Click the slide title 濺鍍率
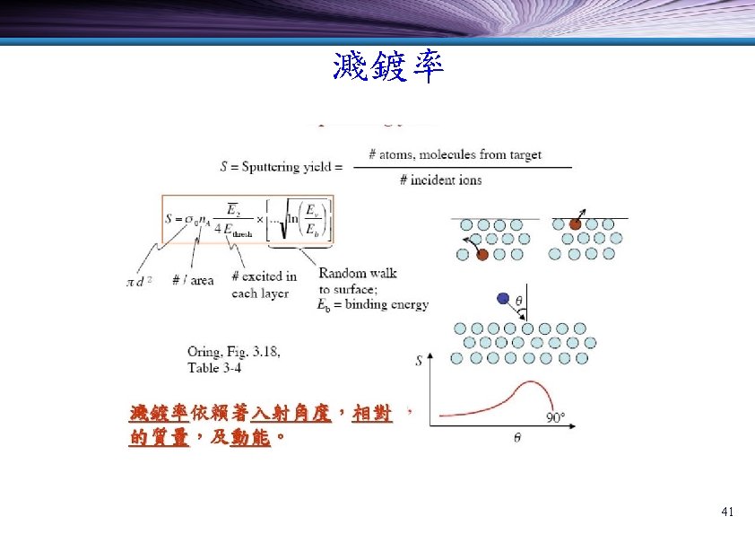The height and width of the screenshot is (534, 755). [387, 68]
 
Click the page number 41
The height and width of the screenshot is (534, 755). [727, 512]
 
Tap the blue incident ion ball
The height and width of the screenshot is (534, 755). [503, 299]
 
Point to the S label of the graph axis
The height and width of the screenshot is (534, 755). [420, 362]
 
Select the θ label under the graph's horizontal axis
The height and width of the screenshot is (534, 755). [516, 437]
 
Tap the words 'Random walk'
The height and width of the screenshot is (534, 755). [358, 273]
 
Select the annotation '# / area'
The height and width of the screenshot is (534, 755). [193, 281]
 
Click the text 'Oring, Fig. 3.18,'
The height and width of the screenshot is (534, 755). [233, 352]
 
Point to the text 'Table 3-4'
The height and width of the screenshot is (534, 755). [214, 367]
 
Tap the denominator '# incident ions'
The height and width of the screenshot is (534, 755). [440, 179]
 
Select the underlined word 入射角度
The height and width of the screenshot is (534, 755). [291, 414]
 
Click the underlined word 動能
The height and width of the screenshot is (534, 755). [250, 439]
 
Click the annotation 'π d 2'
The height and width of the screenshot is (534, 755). [139, 281]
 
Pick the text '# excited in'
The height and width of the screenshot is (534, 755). [264, 276]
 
